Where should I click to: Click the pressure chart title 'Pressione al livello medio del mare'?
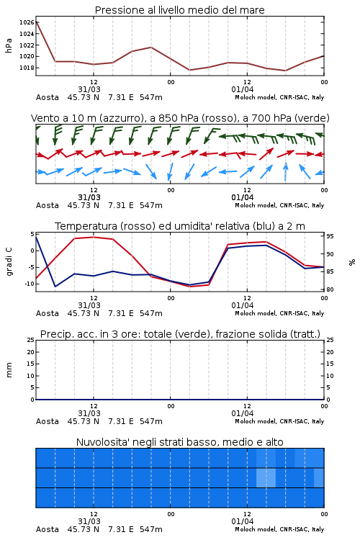[x=179, y=10]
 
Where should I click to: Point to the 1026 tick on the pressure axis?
[x=27, y=22]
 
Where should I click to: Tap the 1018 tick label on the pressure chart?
[x=27, y=68]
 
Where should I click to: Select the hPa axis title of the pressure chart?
[x=9, y=45]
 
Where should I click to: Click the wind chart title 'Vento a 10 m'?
[x=60, y=118]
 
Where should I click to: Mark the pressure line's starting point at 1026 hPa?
[x=36, y=22]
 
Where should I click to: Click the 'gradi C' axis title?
[x=9, y=262]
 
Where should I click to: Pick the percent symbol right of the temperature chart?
[x=352, y=262]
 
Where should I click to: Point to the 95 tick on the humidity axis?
[x=330, y=236]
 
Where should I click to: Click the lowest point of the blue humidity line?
[x=55, y=286]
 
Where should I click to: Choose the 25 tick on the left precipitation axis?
[x=31, y=340]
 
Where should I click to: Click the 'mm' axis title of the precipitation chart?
[x=9, y=370]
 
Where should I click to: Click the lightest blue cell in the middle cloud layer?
[x=266, y=477]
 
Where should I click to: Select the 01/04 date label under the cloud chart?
[x=242, y=521]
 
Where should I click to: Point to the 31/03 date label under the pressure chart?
[x=89, y=89]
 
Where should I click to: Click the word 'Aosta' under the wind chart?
[x=48, y=205]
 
